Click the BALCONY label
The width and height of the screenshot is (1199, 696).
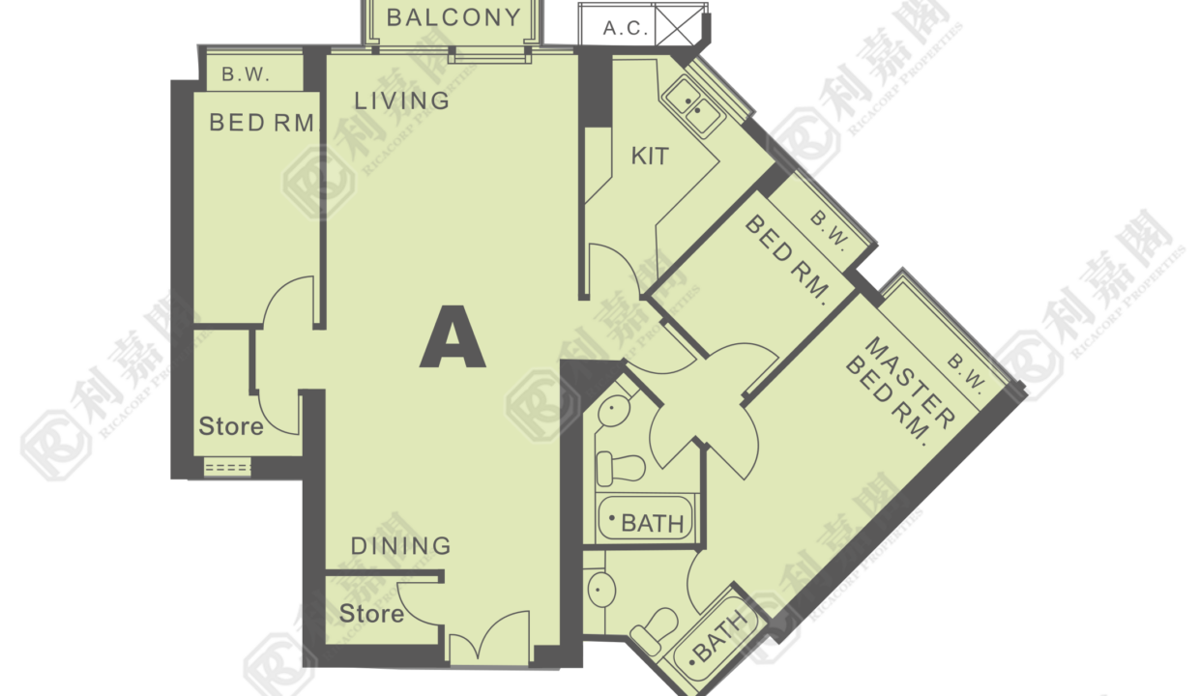[x=453, y=18]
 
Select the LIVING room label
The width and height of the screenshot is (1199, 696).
[x=402, y=101]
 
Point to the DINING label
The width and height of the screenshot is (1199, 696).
[x=401, y=546]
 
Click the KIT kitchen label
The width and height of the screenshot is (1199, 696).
[x=650, y=157]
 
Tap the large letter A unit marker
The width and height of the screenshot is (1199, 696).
[x=453, y=336]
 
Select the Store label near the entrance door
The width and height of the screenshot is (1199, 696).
[x=371, y=614]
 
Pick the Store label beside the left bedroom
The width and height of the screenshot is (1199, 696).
[x=231, y=426]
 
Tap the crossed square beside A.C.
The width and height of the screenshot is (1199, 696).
[x=678, y=24]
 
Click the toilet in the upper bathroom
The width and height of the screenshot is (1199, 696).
[x=621, y=467]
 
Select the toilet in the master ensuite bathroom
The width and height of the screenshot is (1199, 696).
[x=654, y=631]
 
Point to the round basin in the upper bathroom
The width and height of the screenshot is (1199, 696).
[x=614, y=411]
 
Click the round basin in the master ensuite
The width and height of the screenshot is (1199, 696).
[x=601, y=590]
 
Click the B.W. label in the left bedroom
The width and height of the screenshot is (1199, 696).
[x=246, y=74]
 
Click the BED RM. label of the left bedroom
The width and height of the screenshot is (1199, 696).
[x=262, y=123]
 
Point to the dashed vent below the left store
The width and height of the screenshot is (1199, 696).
[x=227, y=468]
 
